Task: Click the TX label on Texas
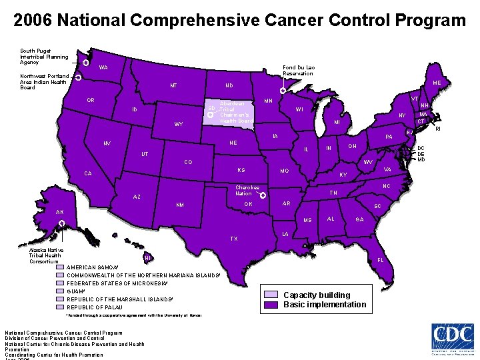pyautogui.click(x=234, y=239)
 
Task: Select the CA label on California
pyautogui.click(x=88, y=174)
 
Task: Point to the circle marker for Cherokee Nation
pyautogui.click(x=263, y=195)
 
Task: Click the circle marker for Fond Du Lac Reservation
pyautogui.click(x=283, y=91)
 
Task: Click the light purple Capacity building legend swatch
pyautogui.click(x=271, y=295)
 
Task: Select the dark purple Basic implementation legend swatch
pyautogui.click(x=271, y=305)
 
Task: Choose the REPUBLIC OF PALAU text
pyautogui.click(x=95, y=307)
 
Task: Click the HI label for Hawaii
pyautogui.click(x=147, y=258)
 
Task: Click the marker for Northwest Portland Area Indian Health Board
pyautogui.click(x=78, y=78)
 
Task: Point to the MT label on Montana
pyautogui.click(x=173, y=86)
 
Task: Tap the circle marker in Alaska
pyautogui.click(x=61, y=223)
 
